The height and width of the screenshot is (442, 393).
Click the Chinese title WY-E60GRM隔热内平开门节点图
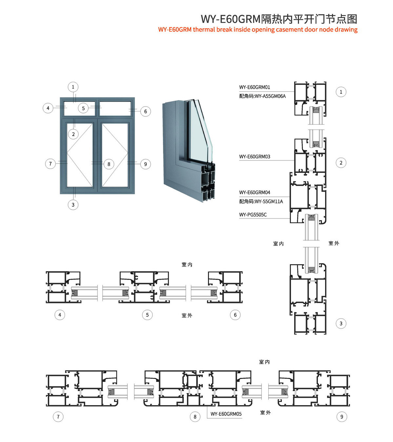(x=279, y=19)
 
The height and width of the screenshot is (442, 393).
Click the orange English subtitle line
(x=258, y=30)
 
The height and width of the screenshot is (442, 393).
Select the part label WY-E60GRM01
(x=255, y=87)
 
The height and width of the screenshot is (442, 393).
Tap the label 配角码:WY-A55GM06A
(x=262, y=96)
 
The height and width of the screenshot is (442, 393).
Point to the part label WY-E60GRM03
(x=255, y=157)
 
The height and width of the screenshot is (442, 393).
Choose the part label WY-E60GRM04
(x=255, y=192)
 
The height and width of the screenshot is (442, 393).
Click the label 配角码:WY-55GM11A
(x=261, y=201)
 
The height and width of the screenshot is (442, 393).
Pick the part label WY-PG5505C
(x=253, y=215)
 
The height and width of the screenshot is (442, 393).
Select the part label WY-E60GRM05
(x=226, y=414)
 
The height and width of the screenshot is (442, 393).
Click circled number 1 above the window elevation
(x=73, y=87)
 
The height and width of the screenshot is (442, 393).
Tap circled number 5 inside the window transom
(x=83, y=108)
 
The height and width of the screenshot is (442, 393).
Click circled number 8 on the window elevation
(x=109, y=164)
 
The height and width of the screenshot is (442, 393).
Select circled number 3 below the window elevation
(x=73, y=205)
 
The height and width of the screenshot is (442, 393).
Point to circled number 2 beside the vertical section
(x=341, y=163)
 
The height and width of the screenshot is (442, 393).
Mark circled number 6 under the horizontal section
(x=235, y=315)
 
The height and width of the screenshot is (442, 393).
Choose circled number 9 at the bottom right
(x=341, y=417)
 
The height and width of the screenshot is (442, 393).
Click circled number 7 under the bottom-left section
(x=58, y=417)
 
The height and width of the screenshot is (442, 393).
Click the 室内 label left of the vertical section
(x=278, y=244)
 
